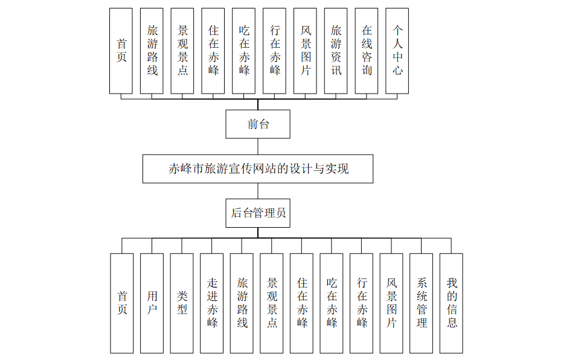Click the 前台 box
258,124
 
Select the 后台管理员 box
258,213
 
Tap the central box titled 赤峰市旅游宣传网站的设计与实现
258,169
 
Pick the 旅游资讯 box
336,51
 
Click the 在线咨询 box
367,51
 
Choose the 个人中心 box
397,51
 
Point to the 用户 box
152,303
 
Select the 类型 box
182,303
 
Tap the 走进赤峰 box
211,303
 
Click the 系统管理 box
421,303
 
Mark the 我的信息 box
451,303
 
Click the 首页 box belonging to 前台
121,51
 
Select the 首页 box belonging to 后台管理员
122,303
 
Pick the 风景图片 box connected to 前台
305,51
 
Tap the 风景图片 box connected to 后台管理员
391,303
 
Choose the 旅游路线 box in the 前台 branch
152,51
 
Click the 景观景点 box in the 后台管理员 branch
272,303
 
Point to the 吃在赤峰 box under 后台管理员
332,303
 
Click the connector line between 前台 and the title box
258,147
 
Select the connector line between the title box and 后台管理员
258,191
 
